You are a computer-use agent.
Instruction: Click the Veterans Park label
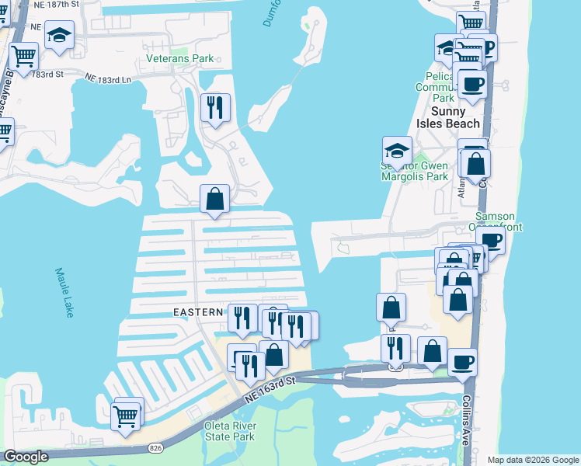click(179, 58)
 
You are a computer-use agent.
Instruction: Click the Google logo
click(26, 457)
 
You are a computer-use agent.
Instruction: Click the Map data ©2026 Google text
click(532, 460)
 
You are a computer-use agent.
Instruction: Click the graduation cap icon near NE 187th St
click(59, 36)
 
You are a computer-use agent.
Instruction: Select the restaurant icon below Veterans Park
click(215, 107)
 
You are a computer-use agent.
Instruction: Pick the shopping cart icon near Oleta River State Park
click(126, 416)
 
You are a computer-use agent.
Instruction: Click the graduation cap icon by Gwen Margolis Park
click(397, 150)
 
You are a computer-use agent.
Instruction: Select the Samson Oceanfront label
click(489, 221)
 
